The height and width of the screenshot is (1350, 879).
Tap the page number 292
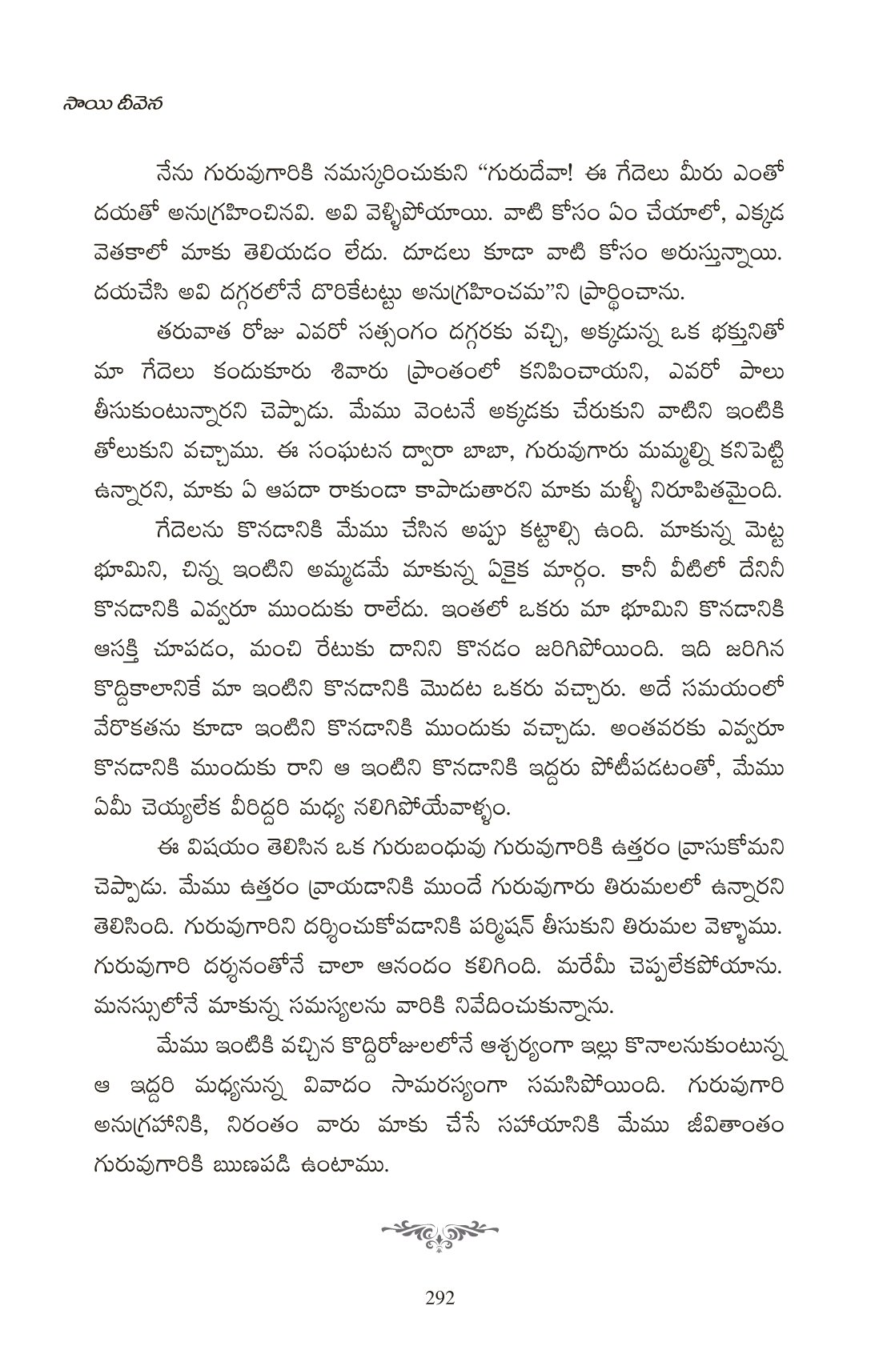(439, 1297)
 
